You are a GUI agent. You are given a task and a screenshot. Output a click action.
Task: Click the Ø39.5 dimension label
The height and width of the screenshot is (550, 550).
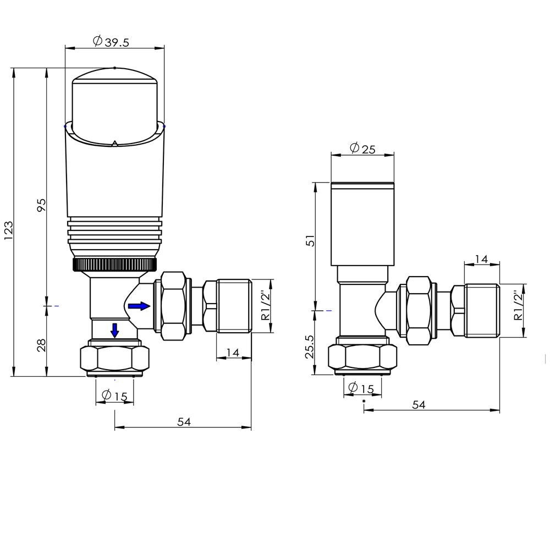111,41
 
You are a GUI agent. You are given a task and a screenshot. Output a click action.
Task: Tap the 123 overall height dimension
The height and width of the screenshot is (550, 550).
8,230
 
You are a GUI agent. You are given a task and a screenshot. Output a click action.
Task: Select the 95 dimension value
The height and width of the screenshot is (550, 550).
41,205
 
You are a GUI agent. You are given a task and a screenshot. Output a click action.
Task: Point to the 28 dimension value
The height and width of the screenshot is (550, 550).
41,345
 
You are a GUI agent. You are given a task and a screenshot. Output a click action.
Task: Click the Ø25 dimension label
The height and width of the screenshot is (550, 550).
362,148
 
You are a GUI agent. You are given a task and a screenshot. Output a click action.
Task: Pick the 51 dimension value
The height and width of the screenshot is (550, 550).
311,241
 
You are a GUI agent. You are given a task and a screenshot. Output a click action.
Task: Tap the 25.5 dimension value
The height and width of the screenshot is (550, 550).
309,346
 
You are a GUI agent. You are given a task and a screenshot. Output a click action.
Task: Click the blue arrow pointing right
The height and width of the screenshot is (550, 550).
139,306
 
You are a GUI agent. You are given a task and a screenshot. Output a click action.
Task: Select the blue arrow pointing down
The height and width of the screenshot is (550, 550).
115,331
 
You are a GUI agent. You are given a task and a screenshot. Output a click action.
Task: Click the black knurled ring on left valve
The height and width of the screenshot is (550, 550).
115,264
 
